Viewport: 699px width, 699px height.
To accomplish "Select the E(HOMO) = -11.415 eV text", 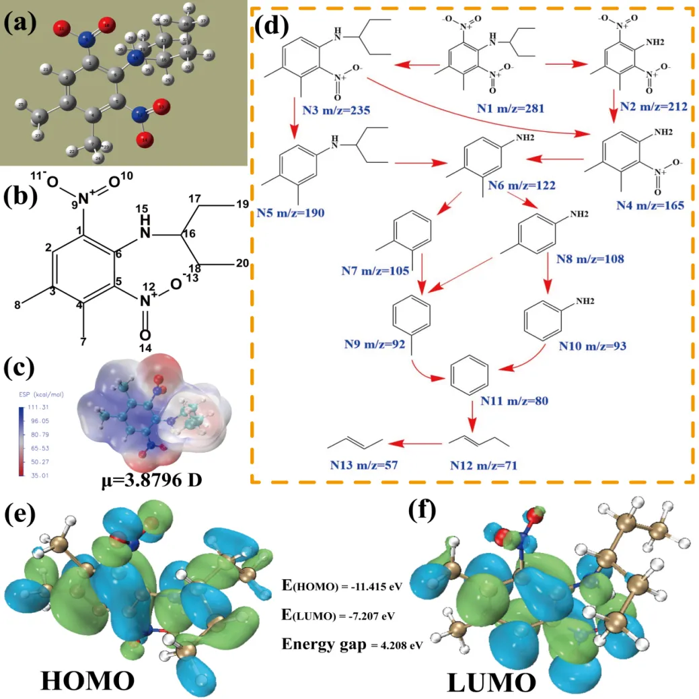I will [342, 586].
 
